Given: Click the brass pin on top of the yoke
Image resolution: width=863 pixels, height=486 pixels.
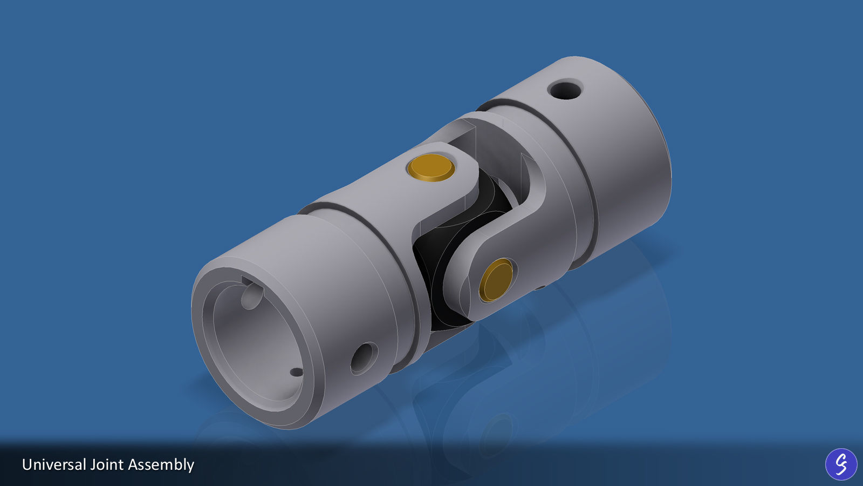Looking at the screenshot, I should [x=431, y=167].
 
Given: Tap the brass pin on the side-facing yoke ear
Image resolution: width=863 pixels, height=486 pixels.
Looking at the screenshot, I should [x=496, y=279].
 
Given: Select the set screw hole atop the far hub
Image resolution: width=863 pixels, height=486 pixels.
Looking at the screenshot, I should [x=565, y=89].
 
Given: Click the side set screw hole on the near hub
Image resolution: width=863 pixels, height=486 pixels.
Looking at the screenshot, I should [x=364, y=358].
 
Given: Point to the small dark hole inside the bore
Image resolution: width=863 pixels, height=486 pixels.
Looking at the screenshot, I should [x=296, y=372].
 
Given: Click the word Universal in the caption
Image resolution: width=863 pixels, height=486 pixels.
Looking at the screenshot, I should [x=53, y=464].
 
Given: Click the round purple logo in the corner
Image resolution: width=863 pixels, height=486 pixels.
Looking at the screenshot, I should [x=840, y=464].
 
